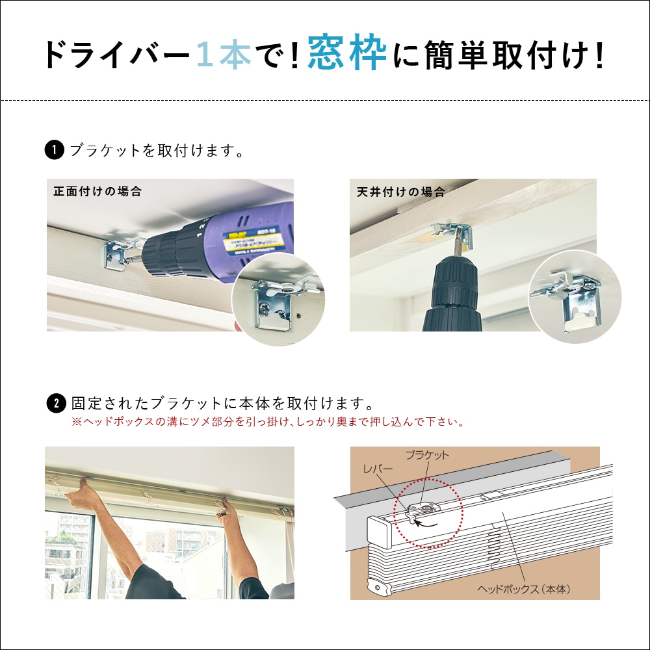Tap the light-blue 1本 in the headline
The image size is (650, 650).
point(223,55)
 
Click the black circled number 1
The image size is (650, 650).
point(54,151)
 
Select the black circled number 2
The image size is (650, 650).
point(57,403)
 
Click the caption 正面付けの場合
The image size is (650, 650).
point(97,192)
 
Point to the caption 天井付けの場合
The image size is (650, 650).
point(401,192)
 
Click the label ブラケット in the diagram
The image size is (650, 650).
point(426,455)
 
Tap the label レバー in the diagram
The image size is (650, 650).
point(378,468)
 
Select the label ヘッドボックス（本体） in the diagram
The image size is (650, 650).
point(523,590)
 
